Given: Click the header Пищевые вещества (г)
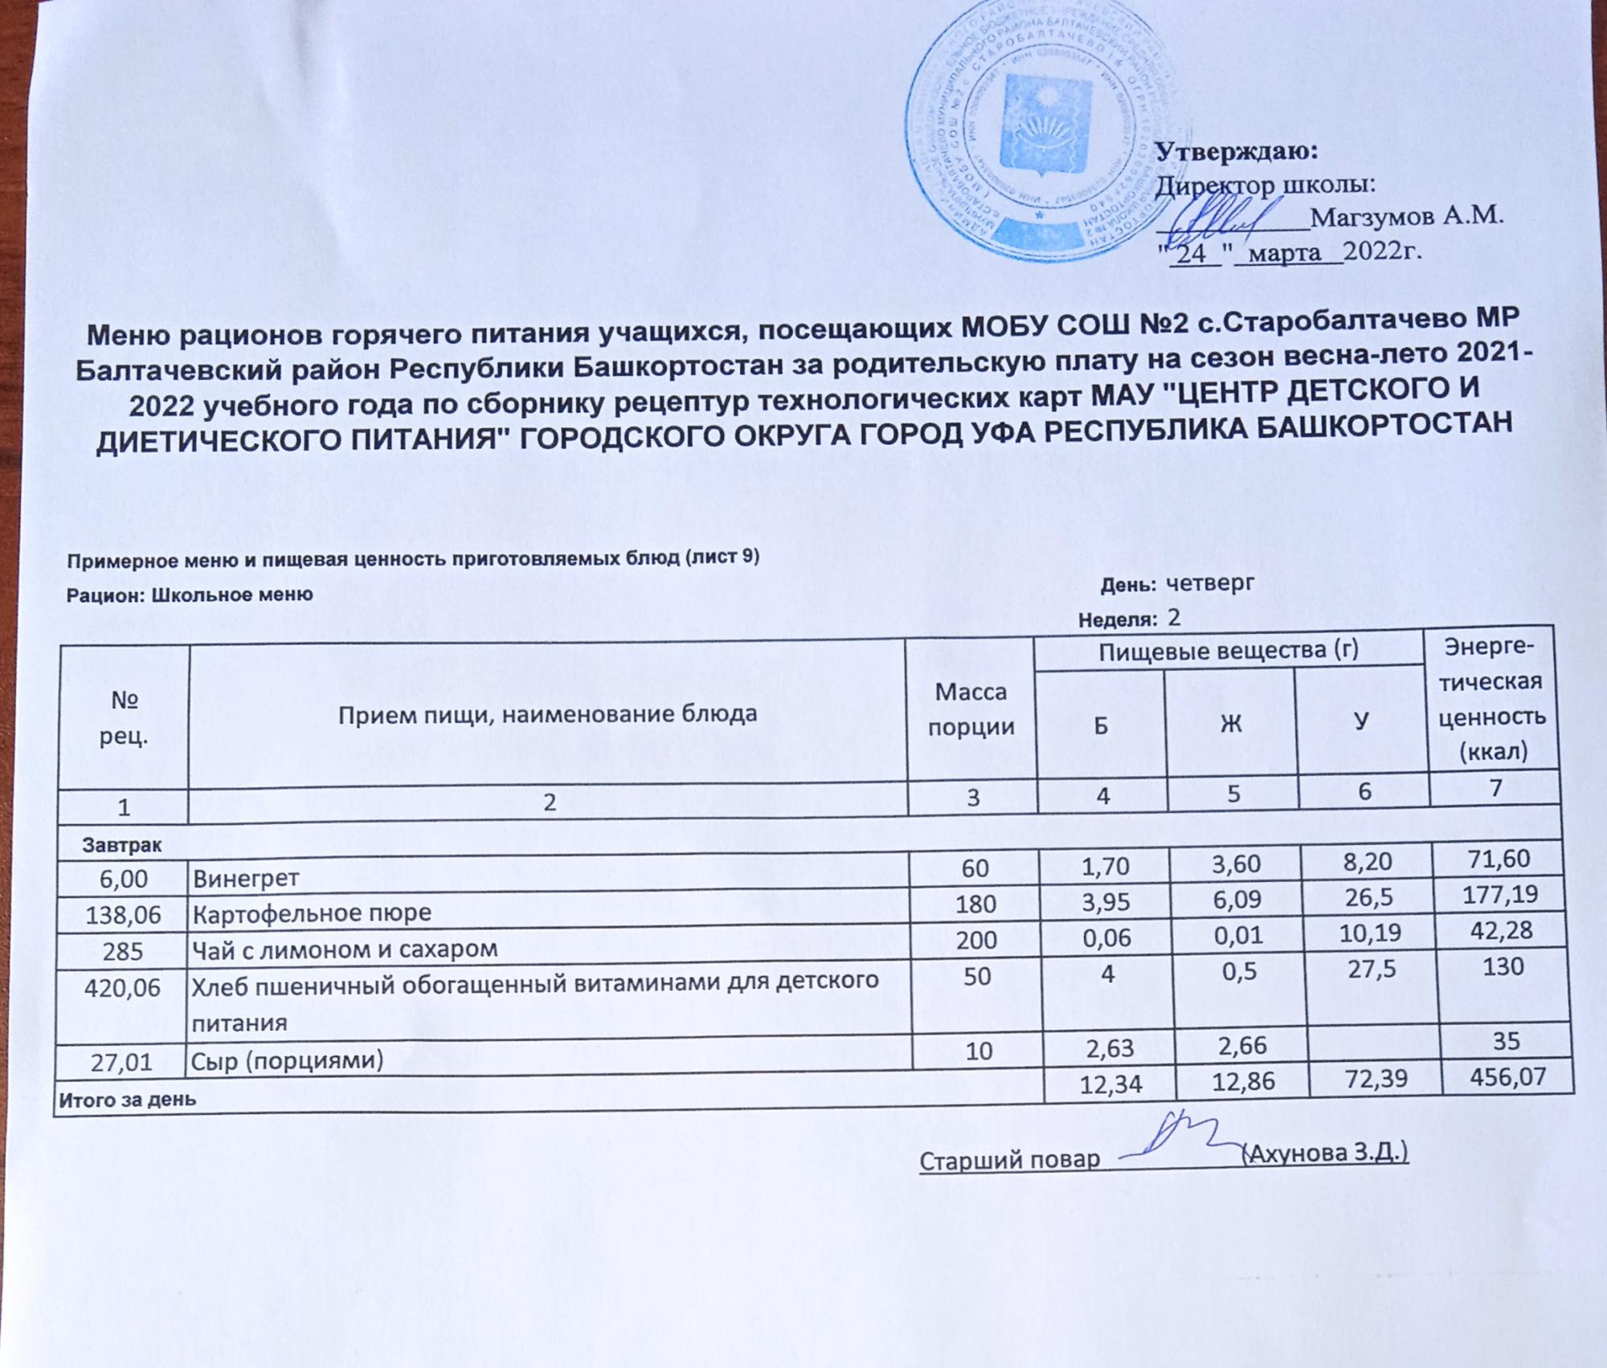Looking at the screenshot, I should pyautogui.click(x=1229, y=650).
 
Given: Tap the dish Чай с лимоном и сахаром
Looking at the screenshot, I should pyautogui.click(x=346, y=949).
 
